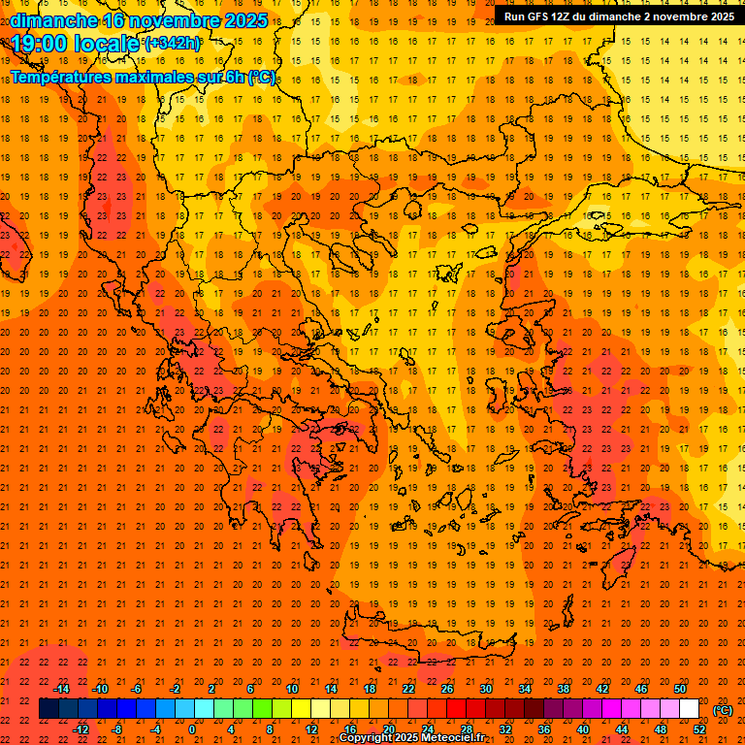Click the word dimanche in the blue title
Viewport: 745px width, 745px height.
pos(54,20)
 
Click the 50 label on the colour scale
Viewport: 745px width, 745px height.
pos(680,688)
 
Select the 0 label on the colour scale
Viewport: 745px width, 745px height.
pos(192,729)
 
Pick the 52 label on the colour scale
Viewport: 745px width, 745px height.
pos(698,729)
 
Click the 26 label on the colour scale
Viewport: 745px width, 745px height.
pos(447,688)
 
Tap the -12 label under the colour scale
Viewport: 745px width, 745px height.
pos(81,729)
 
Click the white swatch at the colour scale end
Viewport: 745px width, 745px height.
pos(689,708)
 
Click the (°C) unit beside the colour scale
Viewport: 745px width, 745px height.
pos(723,710)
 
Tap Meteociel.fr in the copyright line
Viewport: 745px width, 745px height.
pos(454,738)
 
